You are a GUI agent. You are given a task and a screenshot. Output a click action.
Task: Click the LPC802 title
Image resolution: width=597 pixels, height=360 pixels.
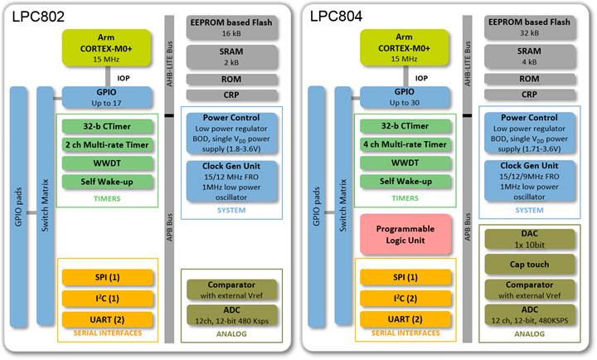point(39,16)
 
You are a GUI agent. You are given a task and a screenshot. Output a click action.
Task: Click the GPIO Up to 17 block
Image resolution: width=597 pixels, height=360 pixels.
point(105,98)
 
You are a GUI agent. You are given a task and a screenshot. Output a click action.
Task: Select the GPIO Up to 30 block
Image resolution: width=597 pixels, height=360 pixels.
point(403,98)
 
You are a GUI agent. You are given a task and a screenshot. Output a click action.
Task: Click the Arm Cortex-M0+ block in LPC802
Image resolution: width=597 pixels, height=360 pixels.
point(105,47)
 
